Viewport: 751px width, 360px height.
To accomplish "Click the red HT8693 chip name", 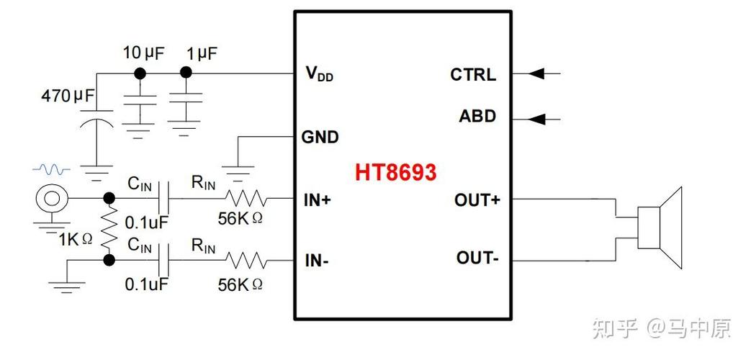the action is pyautogui.click(x=395, y=172).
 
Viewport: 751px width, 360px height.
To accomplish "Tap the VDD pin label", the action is pyautogui.click(x=320, y=73).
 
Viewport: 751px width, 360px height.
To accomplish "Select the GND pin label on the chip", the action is pyautogui.click(x=320, y=138).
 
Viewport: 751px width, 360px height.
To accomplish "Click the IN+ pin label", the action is pyautogui.click(x=318, y=201).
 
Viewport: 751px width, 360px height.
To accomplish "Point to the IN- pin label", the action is pyautogui.click(x=317, y=261).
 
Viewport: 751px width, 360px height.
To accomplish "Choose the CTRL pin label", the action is pyautogui.click(x=473, y=75).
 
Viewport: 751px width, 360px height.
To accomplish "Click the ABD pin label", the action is pyautogui.click(x=477, y=117).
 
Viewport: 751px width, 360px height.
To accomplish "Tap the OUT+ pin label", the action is pyautogui.click(x=477, y=201).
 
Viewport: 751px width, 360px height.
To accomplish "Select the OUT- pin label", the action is pyautogui.click(x=477, y=258).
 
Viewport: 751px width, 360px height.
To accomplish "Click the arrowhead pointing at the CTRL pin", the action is pyautogui.click(x=536, y=73).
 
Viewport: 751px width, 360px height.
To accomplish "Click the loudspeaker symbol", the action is pyautogui.click(x=660, y=228).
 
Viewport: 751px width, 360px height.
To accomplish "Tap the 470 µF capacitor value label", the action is pyautogui.click(x=68, y=96).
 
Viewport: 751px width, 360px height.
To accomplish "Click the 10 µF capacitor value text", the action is pyautogui.click(x=143, y=53).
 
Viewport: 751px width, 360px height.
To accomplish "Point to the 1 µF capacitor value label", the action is pyautogui.click(x=202, y=53).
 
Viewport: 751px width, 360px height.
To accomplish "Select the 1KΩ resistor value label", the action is pyautogui.click(x=76, y=239).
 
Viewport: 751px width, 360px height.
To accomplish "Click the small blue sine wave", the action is pyautogui.click(x=51, y=169).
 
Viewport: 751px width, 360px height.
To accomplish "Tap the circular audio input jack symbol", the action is pyautogui.click(x=51, y=198).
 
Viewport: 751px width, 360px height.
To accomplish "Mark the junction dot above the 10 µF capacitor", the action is pyautogui.click(x=140, y=73).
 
